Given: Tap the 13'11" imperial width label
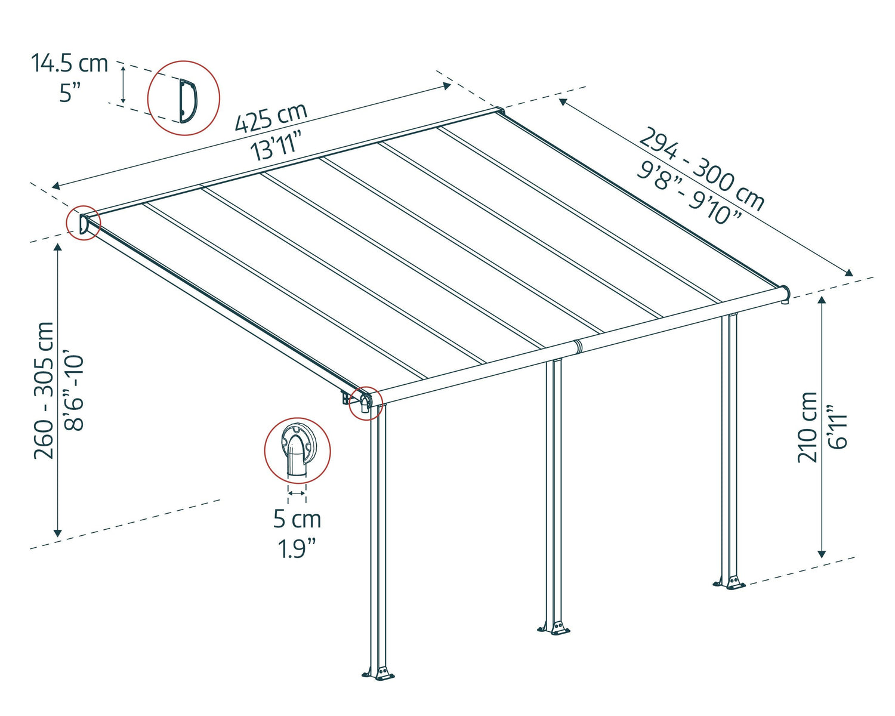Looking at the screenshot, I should tap(276, 145).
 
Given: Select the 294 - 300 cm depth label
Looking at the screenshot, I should tap(702, 169).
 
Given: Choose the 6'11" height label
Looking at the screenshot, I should tap(838, 427).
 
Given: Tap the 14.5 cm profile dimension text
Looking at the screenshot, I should tap(69, 63).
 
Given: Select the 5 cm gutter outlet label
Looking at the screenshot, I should tap(297, 519).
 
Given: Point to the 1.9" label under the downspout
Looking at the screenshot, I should tap(297, 548).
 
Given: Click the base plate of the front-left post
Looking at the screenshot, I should tap(379, 674).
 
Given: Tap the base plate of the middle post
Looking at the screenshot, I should tap(555, 627).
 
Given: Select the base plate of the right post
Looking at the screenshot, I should tap(729, 582).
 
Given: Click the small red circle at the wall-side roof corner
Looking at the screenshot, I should tap(83, 223).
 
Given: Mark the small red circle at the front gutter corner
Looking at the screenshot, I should tap(365, 403).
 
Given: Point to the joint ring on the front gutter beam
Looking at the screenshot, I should tap(577, 347).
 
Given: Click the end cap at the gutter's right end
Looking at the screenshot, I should tap(786, 293).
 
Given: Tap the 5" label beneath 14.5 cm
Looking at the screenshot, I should tap(69, 93).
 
